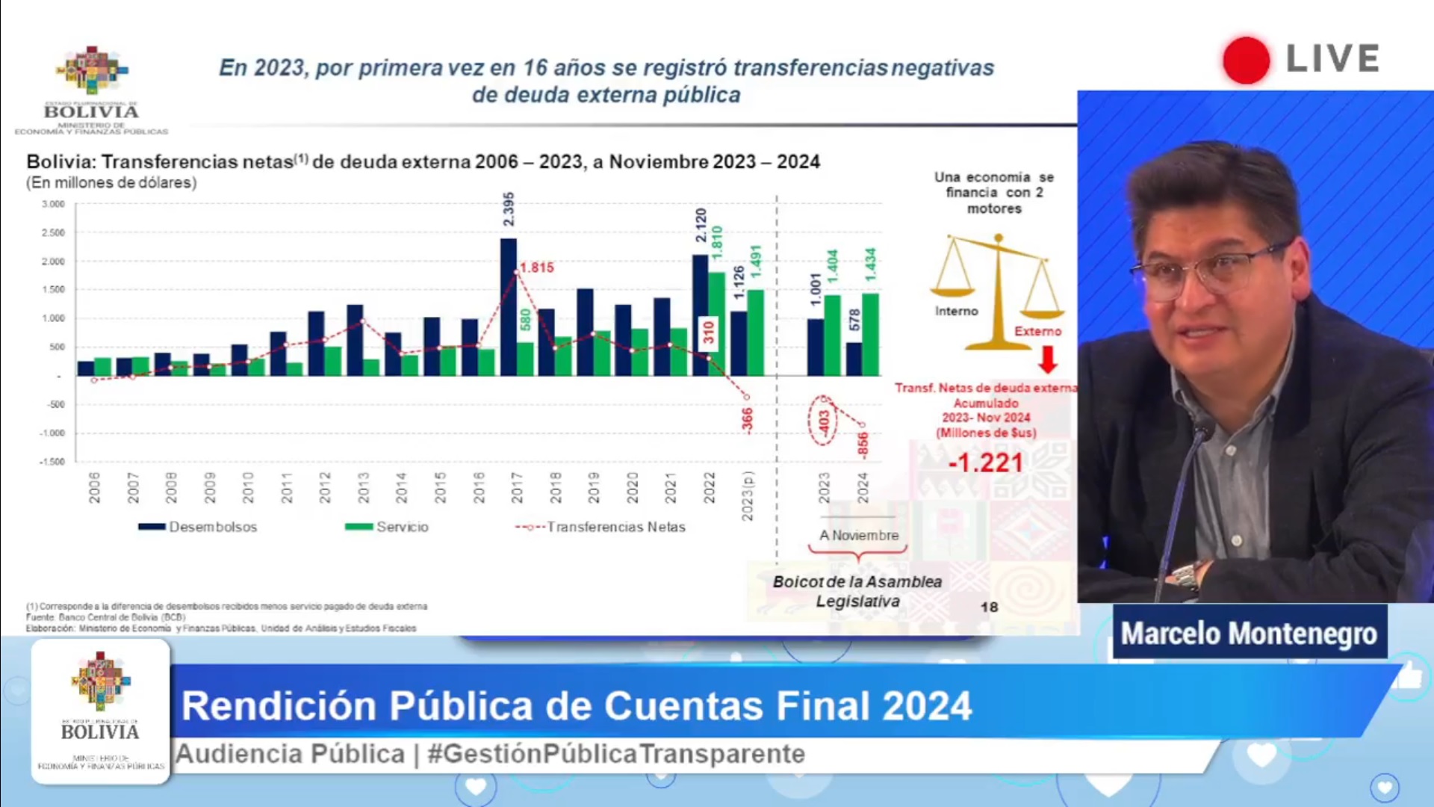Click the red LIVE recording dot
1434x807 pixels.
1246,60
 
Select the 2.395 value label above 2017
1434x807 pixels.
509,209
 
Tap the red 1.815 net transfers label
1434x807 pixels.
537,268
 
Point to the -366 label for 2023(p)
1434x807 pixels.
747,420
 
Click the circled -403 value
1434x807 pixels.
823,421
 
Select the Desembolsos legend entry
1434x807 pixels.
198,527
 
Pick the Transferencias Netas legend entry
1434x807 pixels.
600,527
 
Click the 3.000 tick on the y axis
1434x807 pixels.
53,204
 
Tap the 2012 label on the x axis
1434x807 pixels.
325,487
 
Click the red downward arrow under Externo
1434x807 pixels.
1048,359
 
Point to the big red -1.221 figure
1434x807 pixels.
985,463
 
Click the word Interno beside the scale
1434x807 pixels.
956,311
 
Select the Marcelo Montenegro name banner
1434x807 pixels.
1249,633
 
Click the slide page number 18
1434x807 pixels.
989,607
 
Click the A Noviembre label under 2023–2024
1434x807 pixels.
859,535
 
